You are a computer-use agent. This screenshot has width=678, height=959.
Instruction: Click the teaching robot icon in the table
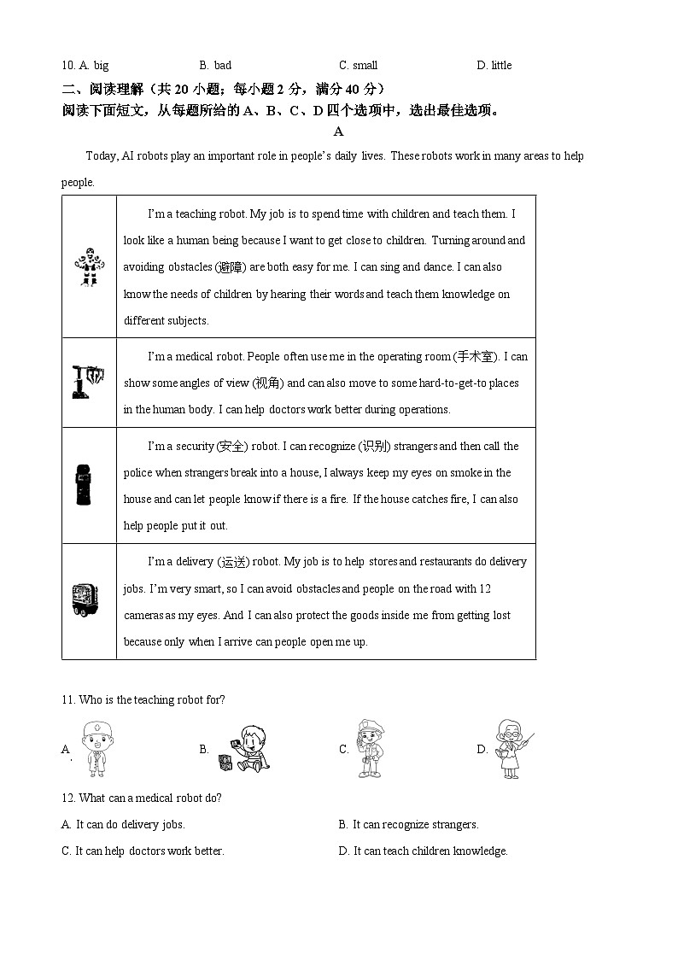click(x=89, y=266)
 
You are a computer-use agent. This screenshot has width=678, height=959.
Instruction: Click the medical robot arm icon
click(x=88, y=382)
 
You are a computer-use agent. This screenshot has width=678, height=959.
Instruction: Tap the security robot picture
click(x=83, y=485)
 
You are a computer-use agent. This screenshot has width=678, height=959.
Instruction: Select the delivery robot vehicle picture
click(x=87, y=599)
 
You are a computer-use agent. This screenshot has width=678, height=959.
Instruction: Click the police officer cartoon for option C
click(x=371, y=748)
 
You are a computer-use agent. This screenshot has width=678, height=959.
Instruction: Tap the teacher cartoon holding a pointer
click(x=512, y=748)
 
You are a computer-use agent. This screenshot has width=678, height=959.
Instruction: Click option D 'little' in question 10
click(x=501, y=66)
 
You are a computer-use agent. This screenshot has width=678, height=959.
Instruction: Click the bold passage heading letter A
click(x=338, y=132)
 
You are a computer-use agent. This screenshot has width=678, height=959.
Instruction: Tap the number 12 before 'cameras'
click(x=485, y=588)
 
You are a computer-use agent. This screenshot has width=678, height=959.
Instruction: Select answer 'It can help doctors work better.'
click(x=149, y=851)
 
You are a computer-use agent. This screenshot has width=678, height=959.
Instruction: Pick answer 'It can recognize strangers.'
click(x=415, y=824)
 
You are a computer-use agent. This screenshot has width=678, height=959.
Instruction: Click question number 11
click(x=68, y=700)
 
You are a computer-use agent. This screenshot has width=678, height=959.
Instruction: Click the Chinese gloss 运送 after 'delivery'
click(x=233, y=562)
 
